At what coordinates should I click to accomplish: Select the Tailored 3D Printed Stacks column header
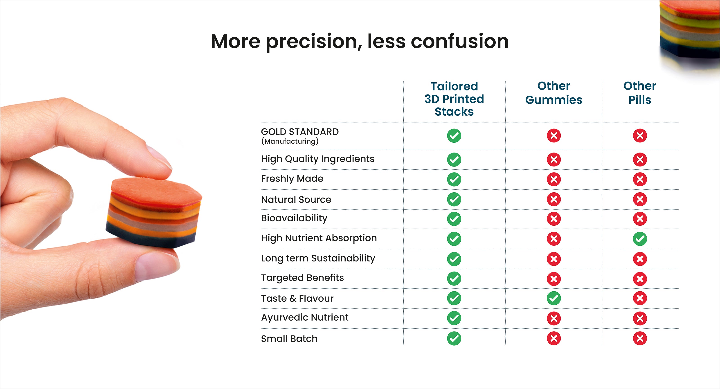[x=454, y=99]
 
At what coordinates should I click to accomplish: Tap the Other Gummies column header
[x=554, y=93]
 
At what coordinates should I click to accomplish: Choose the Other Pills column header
[x=640, y=93]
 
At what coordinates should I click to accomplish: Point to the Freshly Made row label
[x=292, y=179]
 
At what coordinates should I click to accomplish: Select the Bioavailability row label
[x=294, y=218]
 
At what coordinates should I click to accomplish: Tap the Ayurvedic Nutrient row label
[x=305, y=318]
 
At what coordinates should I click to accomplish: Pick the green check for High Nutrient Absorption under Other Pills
[x=640, y=239]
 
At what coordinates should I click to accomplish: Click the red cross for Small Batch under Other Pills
[x=640, y=338]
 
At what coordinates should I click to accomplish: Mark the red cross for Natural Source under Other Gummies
[x=554, y=199]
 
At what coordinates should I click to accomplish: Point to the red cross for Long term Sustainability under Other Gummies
[x=554, y=259]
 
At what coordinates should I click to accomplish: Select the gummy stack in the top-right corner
[x=690, y=31]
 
